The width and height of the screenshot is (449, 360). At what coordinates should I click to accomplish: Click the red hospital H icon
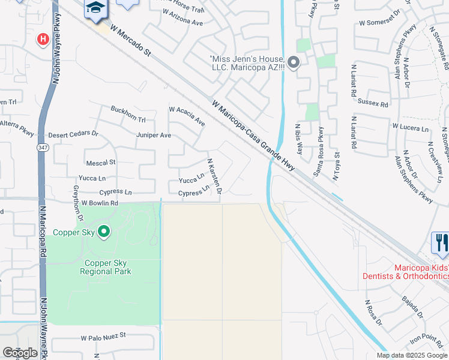pyautogui.click(x=43, y=40)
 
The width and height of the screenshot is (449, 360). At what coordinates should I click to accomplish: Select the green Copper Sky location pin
pyautogui.click(x=104, y=231)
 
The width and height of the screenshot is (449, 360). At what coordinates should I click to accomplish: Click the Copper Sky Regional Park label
pyautogui.click(x=105, y=267)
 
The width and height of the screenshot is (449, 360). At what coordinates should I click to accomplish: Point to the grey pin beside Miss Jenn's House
pyautogui.click(x=294, y=62)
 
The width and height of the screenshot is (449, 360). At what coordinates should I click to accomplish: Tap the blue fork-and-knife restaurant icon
pyautogui.click(x=441, y=242)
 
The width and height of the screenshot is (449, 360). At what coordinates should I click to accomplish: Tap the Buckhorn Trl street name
pyautogui.click(x=128, y=114)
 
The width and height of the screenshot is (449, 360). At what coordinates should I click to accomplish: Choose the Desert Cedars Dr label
pyautogui.click(x=73, y=134)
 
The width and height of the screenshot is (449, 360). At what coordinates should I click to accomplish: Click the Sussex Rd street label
pyautogui.click(x=373, y=103)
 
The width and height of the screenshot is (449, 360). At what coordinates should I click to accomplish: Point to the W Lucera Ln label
pyautogui.click(x=411, y=127)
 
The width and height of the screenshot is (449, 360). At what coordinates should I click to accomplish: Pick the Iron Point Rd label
pyautogui.click(x=426, y=339)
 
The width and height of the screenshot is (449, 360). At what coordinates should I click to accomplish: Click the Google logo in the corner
pyautogui.click(x=20, y=353)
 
